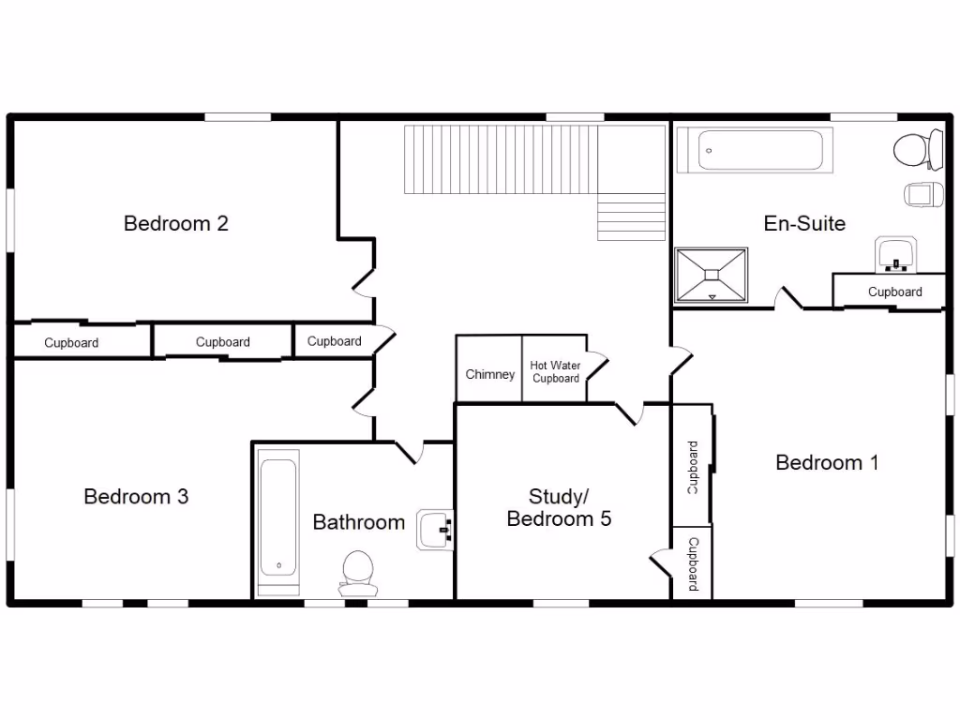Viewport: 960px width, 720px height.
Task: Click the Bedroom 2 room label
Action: [x=176, y=223]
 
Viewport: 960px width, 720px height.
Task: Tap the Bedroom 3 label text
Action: [x=136, y=496]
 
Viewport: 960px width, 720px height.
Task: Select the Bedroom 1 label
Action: [x=827, y=462]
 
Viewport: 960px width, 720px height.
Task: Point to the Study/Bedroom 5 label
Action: [x=559, y=507]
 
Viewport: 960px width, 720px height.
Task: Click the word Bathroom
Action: [x=358, y=522]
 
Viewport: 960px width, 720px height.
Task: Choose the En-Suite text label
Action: [x=804, y=223]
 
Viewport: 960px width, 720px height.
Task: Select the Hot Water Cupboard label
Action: [x=555, y=371]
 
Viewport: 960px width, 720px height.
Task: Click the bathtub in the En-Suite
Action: [x=755, y=150]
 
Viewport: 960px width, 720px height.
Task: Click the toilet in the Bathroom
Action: [x=358, y=573]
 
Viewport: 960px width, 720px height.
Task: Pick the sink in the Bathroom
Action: [x=436, y=530]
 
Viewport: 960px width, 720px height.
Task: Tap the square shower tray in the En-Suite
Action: [x=712, y=275]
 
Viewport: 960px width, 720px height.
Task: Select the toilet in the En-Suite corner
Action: [x=917, y=149]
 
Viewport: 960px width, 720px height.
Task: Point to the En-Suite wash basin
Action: [x=896, y=254]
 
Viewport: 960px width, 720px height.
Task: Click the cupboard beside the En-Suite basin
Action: [x=894, y=292]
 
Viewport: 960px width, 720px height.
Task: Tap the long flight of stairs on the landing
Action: [x=501, y=159]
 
